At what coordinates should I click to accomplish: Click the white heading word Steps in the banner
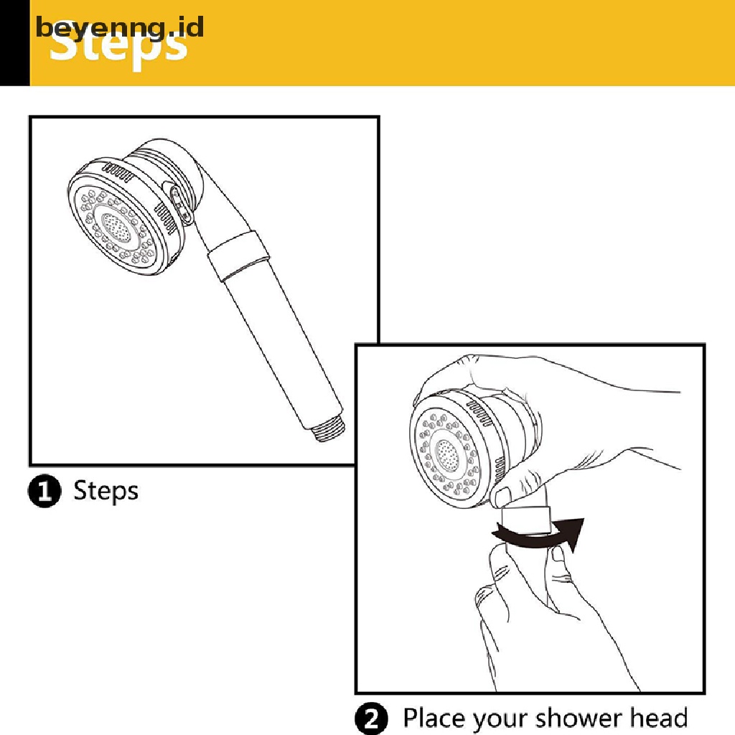click(x=119, y=49)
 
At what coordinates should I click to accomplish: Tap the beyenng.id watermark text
click(x=120, y=27)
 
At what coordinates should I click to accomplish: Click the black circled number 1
click(x=45, y=492)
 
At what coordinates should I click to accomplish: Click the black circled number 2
click(x=372, y=718)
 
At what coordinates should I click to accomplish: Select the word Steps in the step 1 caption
click(x=106, y=492)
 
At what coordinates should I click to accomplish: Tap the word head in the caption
click(x=658, y=718)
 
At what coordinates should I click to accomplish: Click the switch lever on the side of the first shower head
click(x=181, y=205)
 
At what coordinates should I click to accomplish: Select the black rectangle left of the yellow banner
click(x=14, y=43)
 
